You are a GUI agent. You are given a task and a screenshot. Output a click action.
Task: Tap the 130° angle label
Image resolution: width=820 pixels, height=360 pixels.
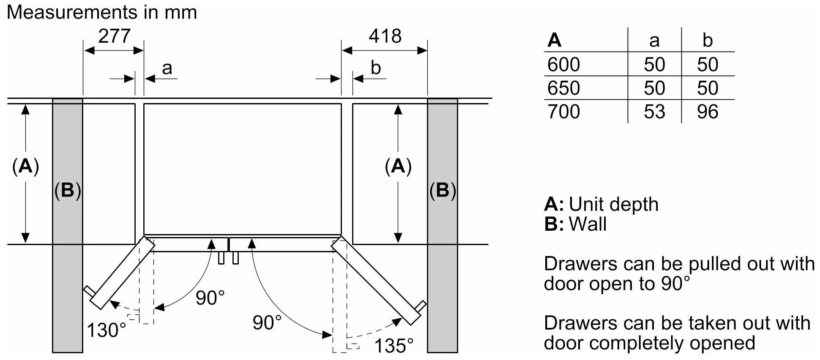click(106, 330)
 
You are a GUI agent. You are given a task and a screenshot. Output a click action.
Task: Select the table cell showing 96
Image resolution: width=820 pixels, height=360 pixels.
click(707, 112)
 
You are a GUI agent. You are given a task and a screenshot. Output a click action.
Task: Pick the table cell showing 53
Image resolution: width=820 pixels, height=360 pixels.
click(654, 112)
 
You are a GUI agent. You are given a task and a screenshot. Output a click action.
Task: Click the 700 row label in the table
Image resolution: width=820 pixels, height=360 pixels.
click(564, 112)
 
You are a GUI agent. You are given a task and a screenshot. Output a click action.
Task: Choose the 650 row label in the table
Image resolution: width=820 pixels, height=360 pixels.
click(564, 88)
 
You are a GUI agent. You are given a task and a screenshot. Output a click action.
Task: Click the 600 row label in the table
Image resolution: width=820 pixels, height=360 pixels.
click(564, 64)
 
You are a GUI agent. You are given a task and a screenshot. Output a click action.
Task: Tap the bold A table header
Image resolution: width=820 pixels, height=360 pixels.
click(555, 40)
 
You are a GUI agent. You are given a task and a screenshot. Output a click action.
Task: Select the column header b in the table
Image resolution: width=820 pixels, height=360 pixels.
click(707, 40)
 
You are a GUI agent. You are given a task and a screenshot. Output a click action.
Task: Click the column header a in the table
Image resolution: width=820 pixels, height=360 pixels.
click(654, 41)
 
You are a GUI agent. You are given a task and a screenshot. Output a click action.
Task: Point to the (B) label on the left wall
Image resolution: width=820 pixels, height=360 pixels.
click(68, 191)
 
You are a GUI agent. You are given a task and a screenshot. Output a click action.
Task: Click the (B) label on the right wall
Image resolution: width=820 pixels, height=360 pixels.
click(443, 191)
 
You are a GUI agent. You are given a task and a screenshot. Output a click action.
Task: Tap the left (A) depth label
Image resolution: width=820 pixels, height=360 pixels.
click(25, 166)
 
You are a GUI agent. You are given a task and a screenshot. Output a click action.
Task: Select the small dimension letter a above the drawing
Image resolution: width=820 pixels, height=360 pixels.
click(167, 68)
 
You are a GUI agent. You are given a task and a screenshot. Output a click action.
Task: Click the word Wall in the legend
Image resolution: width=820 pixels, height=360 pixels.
click(588, 224)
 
